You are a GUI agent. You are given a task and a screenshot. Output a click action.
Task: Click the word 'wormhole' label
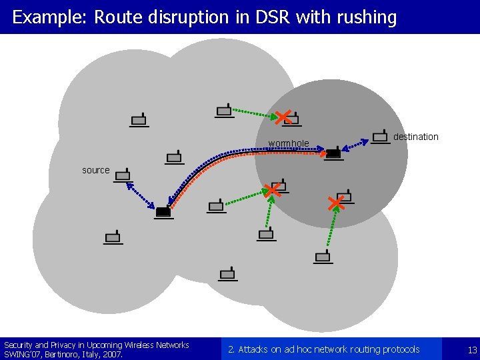288,143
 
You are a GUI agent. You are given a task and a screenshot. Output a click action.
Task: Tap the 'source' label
95,170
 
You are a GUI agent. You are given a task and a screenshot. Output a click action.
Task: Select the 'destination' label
415,137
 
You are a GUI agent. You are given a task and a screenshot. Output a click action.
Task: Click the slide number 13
472,349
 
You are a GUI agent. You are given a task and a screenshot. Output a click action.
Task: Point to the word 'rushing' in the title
368,17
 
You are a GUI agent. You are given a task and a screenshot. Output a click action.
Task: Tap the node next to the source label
122,176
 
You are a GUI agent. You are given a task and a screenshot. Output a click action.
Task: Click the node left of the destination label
380,137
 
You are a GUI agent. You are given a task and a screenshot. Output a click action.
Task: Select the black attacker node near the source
163,213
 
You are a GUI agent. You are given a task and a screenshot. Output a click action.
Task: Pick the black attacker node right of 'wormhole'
333,153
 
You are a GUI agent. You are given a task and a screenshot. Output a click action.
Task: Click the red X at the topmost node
283,117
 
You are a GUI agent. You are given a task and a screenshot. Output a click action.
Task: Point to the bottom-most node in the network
227,273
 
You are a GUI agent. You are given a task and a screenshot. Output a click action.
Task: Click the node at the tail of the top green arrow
224,111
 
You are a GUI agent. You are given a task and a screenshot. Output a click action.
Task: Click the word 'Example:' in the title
50,17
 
